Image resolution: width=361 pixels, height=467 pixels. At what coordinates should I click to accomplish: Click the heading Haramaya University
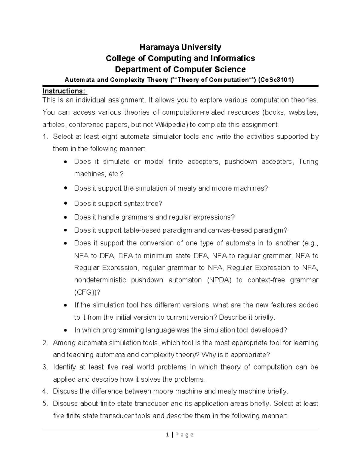180,47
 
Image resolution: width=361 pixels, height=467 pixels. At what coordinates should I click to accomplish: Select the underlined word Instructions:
64,91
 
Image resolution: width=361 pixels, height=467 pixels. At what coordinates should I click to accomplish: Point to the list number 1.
45,137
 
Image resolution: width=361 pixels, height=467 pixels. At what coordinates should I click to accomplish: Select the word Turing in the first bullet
308,162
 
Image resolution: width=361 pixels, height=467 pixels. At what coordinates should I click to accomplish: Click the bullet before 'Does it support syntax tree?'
66,204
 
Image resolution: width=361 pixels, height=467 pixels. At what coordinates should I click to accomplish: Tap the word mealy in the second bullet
188,189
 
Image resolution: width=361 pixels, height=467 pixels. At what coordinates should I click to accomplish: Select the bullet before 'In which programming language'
66,330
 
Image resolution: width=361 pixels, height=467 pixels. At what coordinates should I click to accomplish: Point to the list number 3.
45,367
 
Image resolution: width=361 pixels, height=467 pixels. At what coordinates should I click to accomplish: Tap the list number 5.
45,404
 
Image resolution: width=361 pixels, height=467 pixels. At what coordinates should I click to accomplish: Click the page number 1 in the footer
167,435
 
